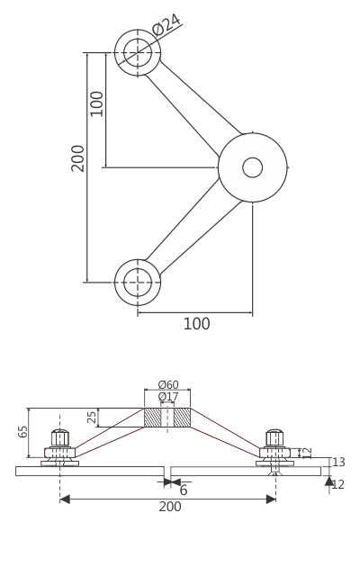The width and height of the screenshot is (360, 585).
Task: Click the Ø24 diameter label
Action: click(166, 24)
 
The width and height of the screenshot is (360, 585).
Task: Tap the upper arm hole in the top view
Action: click(138, 53)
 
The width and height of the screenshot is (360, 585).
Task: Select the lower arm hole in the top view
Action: click(138, 283)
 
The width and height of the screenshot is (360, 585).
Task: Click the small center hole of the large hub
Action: click(253, 167)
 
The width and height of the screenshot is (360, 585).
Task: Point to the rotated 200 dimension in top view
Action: click(78, 157)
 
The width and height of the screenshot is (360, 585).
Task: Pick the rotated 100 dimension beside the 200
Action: click(97, 103)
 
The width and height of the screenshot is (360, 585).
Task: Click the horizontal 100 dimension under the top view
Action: click(196, 325)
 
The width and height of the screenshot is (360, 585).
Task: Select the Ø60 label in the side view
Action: click(168, 385)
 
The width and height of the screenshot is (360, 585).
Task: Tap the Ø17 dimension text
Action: click(168, 397)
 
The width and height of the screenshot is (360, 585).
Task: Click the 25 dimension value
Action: click(92, 417)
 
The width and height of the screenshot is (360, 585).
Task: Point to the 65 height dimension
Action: click(23, 431)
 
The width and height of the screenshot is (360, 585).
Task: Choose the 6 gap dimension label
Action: click(184, 490)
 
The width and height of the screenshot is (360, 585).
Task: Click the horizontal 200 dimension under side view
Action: click(170, 507)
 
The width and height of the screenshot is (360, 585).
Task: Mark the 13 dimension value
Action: click(338, 463)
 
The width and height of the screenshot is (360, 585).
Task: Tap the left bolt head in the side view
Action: click(60, 438)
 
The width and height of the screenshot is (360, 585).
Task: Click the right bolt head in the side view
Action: click(274, 438)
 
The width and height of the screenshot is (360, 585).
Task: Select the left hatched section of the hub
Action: click(152, 418)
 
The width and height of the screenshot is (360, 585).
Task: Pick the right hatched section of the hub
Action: click(182, 418)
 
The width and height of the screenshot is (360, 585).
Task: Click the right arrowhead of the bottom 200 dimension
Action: click(271, 499)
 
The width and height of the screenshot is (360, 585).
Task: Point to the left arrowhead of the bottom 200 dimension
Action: click(65, 499)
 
